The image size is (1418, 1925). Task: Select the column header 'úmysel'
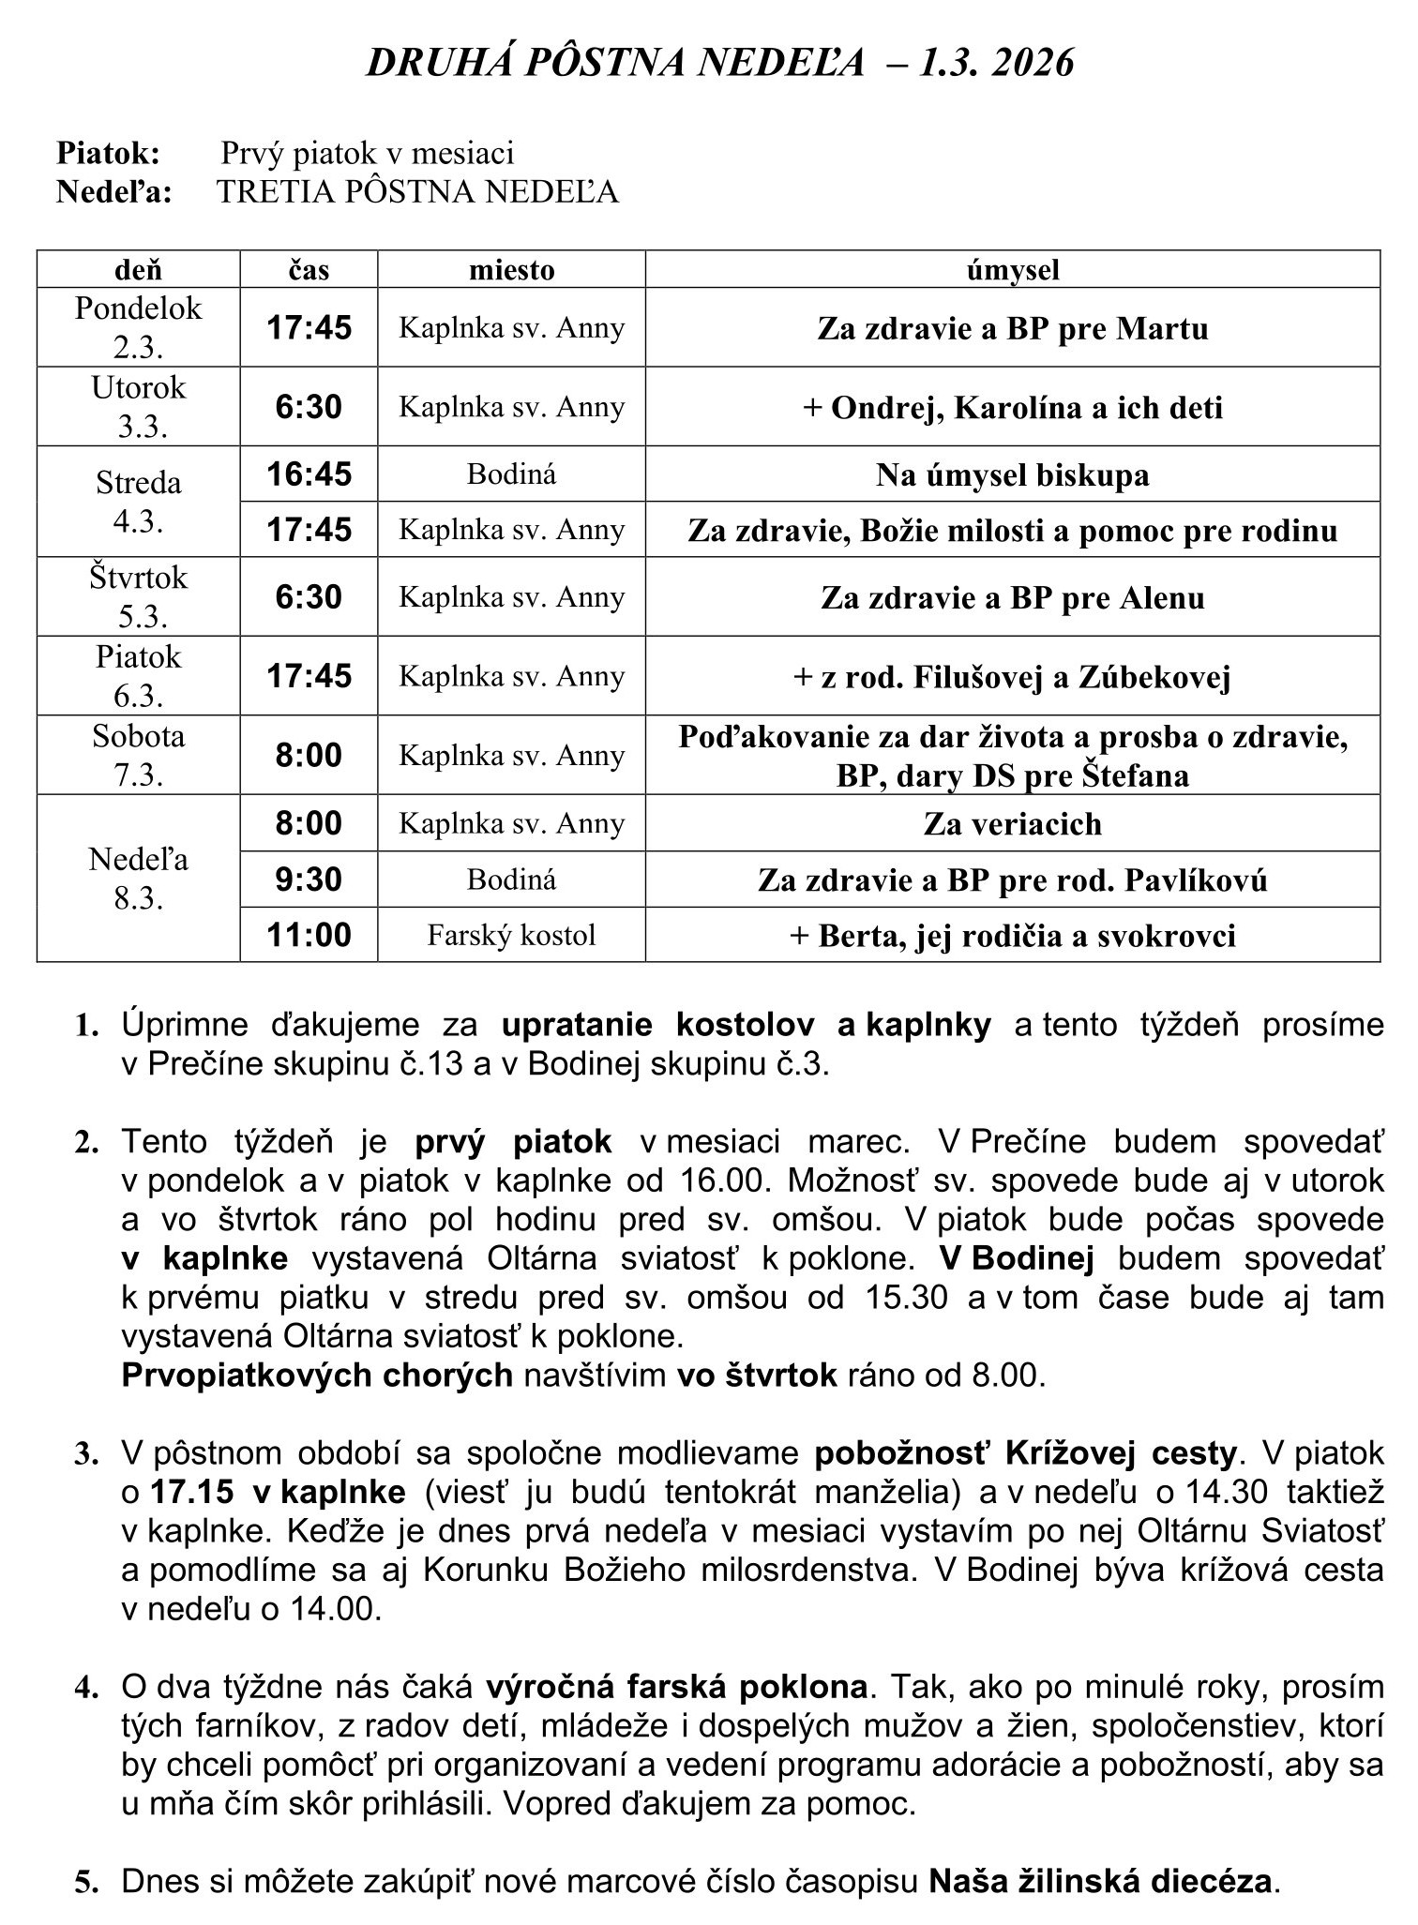1012,270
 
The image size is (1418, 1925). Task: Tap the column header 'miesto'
511,270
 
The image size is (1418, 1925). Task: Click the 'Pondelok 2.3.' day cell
138,327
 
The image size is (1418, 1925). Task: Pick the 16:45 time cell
309,474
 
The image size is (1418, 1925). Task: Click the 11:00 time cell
309,935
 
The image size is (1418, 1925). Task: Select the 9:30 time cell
309,880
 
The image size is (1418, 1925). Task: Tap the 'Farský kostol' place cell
511,935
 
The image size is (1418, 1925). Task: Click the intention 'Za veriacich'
1012,824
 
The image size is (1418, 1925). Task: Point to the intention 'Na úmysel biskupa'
1012,475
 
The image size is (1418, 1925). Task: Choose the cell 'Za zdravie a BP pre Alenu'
1012,597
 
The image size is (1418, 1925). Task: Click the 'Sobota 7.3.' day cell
138,756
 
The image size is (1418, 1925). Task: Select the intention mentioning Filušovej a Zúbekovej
1012,677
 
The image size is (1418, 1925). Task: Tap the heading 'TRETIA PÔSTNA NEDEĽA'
417,191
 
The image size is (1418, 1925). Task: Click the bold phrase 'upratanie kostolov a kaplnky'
746,1026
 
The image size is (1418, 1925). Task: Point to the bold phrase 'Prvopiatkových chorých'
317,1375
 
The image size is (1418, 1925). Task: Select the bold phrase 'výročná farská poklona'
676,1687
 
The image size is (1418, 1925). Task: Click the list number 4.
86,1688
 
